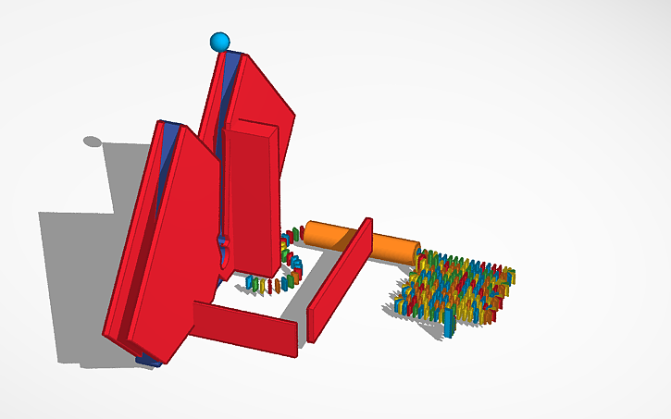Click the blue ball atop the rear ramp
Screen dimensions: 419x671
pos(219,42)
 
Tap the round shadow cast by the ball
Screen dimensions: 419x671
pos(93,142)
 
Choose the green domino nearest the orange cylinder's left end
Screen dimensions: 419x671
pos(296,231)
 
